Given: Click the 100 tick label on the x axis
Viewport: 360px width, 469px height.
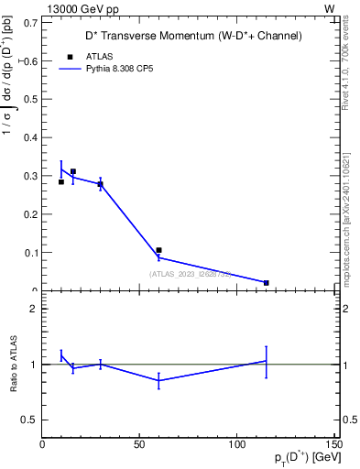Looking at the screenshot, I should coord(236,444).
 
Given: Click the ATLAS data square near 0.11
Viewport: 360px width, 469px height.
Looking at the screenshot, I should coord(158,250).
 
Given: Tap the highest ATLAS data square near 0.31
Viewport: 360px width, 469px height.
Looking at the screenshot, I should coord(73,171).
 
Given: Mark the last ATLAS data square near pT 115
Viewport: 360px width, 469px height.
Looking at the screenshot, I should coord(266,283).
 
